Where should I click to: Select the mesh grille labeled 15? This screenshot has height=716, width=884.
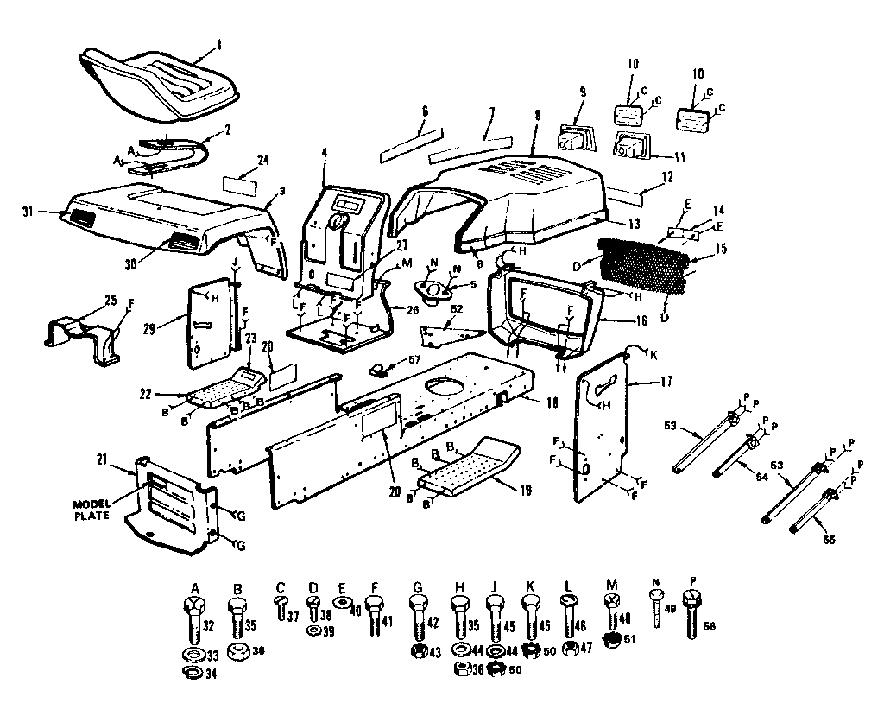(x=643, y=267)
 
